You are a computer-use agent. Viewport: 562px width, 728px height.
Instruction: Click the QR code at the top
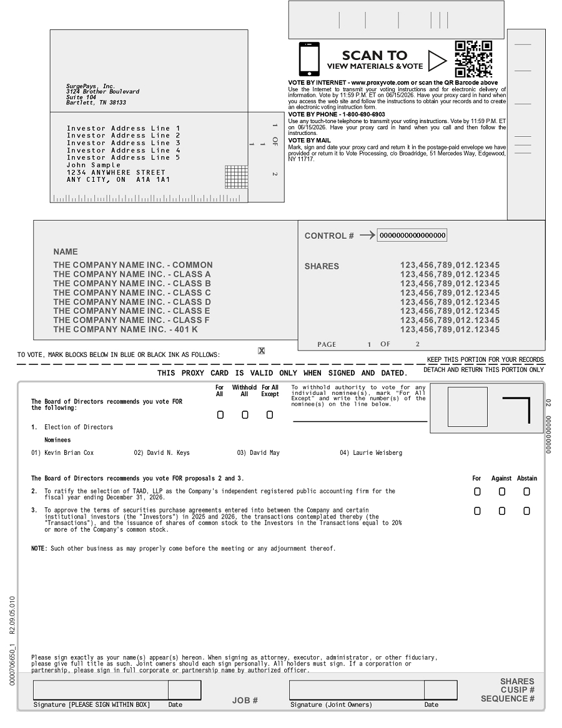tap(473, 59)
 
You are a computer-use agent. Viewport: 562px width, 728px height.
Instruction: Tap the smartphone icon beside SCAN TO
tap(309, 59)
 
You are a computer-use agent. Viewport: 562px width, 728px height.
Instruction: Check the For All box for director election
tap(220, 415)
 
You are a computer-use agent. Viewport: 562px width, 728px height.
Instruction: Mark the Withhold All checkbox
tap(245, 415)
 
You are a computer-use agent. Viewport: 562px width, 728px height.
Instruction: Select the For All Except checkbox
tap(270, 415)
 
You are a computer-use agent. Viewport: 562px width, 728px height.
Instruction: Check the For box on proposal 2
tap(477, 492)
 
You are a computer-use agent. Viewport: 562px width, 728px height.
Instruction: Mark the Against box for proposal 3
tap(502, 511)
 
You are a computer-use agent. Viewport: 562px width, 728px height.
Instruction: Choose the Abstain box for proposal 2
tap(526, 492)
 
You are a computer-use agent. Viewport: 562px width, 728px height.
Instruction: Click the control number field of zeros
tap(412, 236)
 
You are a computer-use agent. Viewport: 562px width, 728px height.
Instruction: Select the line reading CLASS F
tap(132, 320)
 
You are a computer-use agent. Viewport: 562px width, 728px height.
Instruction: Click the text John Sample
tap(94, 165)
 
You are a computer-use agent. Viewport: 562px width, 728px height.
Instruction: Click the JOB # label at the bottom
tap(245, 701)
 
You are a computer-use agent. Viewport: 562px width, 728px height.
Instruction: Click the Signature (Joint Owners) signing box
tap(357, 690)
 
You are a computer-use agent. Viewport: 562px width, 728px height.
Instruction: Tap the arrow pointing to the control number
tap(368, 236)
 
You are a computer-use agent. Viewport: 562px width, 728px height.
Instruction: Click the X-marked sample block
tap(261, 351)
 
